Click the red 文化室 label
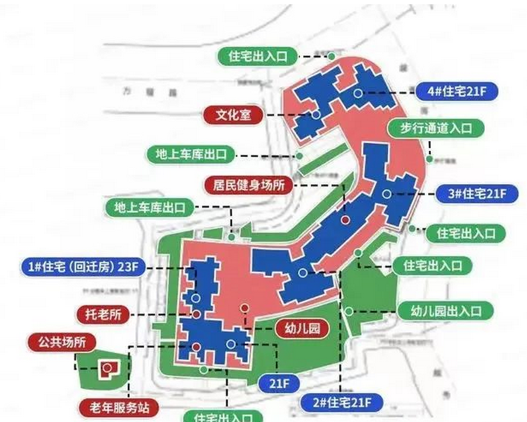coord(233,114)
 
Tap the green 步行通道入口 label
coord(435,129)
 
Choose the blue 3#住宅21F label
coord(475,194)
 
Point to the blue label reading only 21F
coord(278,382)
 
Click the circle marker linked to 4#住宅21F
coord(358,93)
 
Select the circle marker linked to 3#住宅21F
coord(386,194)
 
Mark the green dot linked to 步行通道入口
coord(430,159)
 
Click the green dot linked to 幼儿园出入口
coord(349,311)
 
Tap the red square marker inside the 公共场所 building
coord(107,366)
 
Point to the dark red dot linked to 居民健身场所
coord(345,220)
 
